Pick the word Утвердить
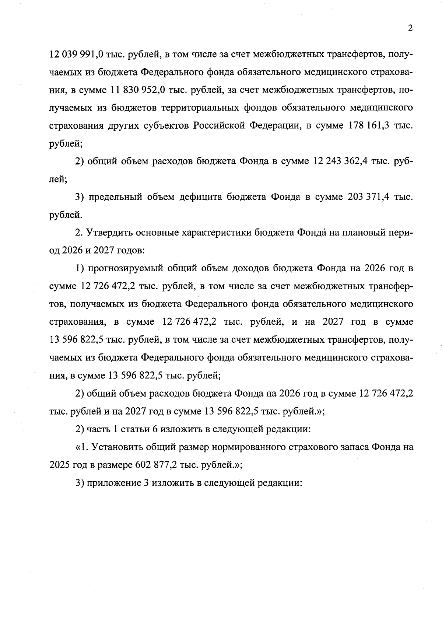109,233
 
